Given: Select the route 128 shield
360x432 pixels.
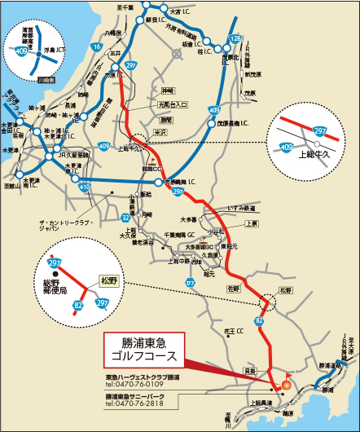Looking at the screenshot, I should coord(235,38).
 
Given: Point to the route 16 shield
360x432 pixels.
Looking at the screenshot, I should coord(97,48).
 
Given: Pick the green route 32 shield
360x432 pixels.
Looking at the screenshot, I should coord(126,218).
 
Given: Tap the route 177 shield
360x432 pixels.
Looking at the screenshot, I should coord(191,282).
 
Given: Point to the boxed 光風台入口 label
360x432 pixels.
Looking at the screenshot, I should coord(173,105).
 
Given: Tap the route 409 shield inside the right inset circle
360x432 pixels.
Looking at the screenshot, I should coord(286,147).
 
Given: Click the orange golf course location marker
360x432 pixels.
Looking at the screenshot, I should coord(285,384).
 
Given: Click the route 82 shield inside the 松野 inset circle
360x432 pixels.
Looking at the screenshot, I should coord(77,306).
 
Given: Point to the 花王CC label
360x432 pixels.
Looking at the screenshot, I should coord(235,331).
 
